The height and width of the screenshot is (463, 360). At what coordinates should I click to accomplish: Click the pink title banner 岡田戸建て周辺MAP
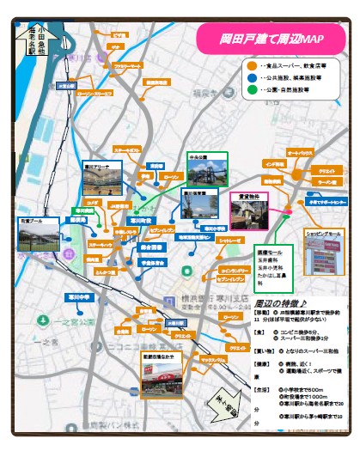pyautogui.click(x=272, y=39)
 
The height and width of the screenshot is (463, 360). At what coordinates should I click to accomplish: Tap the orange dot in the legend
pyautogui.click(x=250, y=64)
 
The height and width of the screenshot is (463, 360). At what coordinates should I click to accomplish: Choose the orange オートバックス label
pyautogui.click(x=300, y=152)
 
